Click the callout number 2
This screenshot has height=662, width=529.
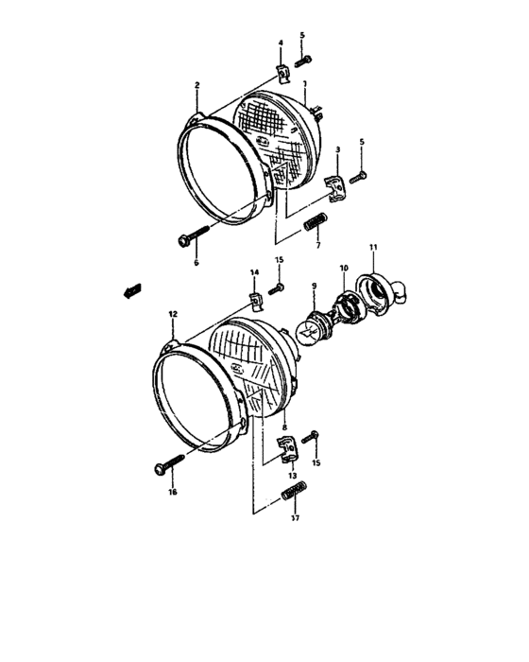(x=196, y=85)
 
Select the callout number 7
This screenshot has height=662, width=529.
(x=317, y=246)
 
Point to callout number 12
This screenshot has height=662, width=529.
(x=173, y=312)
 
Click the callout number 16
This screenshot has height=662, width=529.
(x=172, y=492)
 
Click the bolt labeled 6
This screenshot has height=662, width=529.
(x=193, y=236)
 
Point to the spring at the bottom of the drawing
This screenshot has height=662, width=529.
(x=295, y=494)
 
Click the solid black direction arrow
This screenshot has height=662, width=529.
(x=130, y=291)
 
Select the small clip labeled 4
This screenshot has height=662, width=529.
(x=282, y=71)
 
